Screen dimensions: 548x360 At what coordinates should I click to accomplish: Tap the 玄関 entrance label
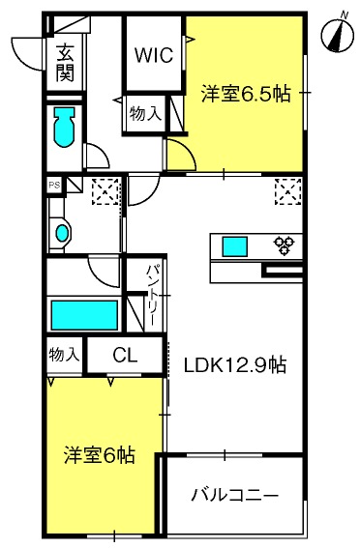point(65,64)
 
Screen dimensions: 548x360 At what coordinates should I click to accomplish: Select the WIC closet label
point(154,55)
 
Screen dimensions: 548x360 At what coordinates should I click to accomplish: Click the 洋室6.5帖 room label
point(245,94)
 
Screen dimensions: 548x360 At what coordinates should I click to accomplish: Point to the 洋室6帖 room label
point(100,453)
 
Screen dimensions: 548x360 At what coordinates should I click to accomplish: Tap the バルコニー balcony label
point(234,496)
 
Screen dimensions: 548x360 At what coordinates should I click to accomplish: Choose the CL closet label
point(125,356)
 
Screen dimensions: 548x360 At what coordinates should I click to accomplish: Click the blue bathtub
point(84,315)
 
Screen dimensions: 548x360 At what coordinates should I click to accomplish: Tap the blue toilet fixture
point(65,127)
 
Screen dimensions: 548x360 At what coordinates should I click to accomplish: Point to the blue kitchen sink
point(235,246)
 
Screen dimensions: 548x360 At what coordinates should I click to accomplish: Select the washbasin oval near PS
point(63,233)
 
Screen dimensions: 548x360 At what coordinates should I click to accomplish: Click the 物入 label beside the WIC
point(147,114)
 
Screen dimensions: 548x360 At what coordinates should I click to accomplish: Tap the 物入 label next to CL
point(64,355)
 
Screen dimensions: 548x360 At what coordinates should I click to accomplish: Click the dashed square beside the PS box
point(105,191)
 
